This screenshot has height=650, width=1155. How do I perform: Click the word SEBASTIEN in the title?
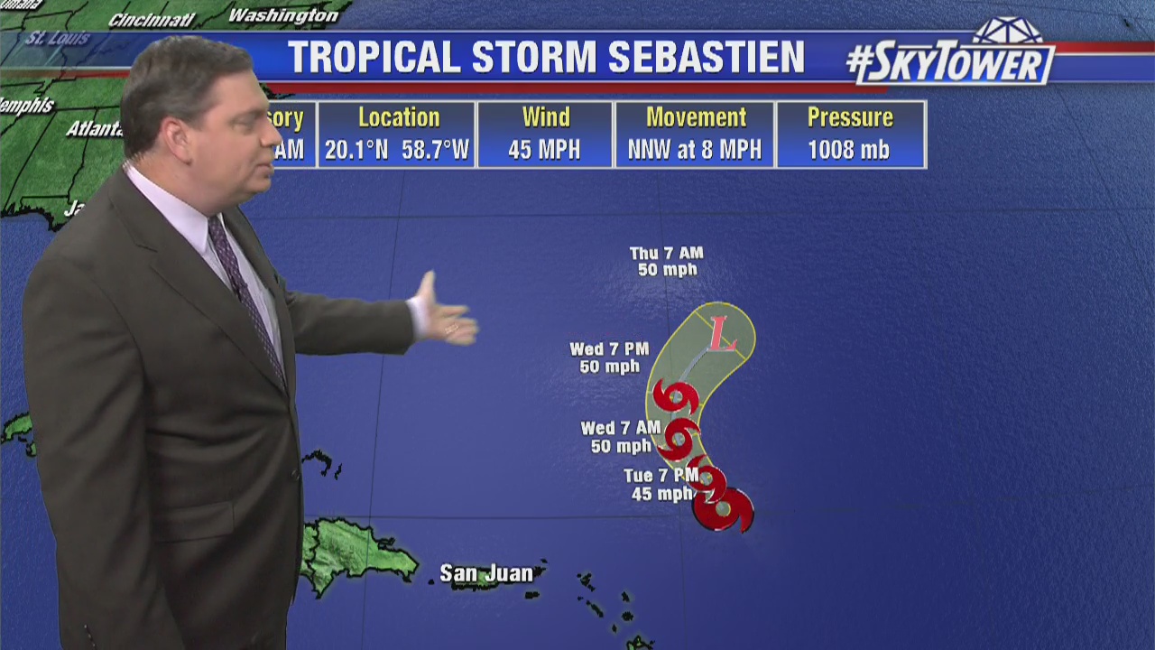click(707, 58)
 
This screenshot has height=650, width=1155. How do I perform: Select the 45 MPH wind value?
click(544, 150)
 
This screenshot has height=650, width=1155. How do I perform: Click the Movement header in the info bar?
click(696, 117)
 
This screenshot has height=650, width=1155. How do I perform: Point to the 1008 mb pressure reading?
click(848, 150)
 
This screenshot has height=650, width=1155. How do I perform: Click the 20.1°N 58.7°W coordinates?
click(397, 150)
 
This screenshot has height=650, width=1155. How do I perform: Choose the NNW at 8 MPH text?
click(696, 150)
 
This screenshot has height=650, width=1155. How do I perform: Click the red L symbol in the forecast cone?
click(722, 335)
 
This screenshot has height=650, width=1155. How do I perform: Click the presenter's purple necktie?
click(245, 289)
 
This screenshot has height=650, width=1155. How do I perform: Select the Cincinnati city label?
click(151, 20)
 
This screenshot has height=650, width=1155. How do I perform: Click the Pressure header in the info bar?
click(850, 117)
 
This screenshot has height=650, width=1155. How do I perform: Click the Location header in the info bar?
click(398, 117)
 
